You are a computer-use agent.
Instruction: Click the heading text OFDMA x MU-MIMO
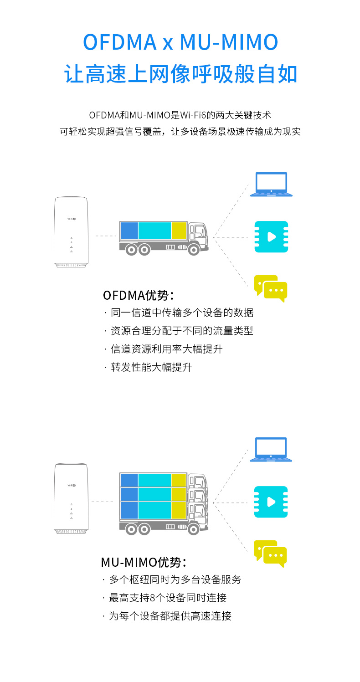180,42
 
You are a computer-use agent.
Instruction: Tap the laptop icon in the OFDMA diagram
271,184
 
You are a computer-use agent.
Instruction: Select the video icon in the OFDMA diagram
271,237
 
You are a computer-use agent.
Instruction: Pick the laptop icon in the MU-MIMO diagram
271,449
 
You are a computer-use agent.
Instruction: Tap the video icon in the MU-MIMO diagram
271,502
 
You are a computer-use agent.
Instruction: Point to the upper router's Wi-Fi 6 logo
72,220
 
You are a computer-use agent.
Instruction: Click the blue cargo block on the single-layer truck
129,231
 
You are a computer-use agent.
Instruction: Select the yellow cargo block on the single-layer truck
179,231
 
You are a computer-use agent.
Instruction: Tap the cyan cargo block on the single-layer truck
154,231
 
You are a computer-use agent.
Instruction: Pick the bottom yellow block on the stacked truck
179,510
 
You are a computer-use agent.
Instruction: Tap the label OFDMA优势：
139,295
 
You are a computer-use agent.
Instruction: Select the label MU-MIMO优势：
144,562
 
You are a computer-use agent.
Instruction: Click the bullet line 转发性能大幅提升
151,367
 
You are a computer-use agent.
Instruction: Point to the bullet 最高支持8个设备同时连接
167,598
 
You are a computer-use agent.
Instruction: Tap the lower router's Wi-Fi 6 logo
72,485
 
